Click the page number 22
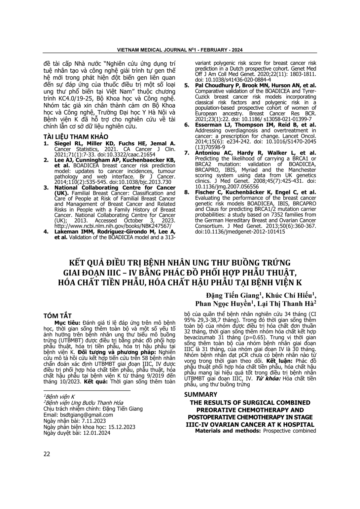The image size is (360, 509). tap(47, 454)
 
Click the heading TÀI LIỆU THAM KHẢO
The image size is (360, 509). tap(76, 137)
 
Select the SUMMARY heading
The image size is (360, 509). tap(200, 394)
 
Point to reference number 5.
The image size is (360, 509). tap(187, 86)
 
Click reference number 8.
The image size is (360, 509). tap(187, 192)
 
